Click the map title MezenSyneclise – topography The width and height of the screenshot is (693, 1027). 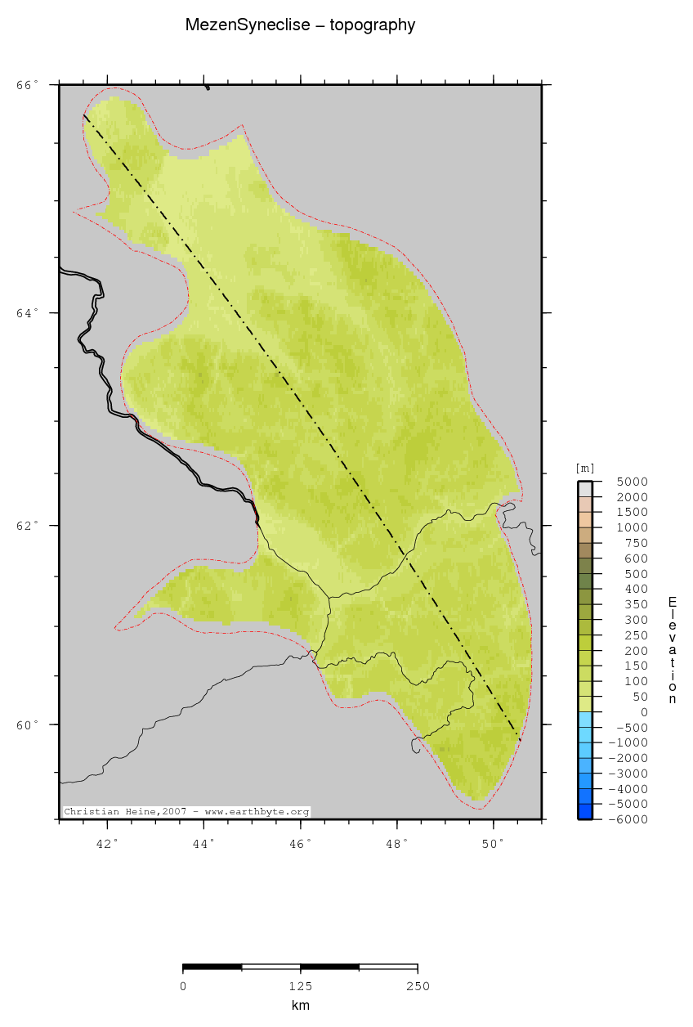pyautogui.click(x=300, y=25)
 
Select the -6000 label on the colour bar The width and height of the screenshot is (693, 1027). pyautogui.click(x=632, y=819)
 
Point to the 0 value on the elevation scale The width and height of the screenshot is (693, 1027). pyautogui.click(x=644, y=712)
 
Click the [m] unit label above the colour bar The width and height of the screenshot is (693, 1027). pyautogui.click(x=585, y=469)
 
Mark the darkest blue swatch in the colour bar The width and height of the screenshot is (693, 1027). pyautogui.click(x=585, y=811)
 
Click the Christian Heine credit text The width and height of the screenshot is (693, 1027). pyautogui.click(x=186, y=812)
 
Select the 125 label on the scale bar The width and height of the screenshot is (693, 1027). pyautogui.click(x=300, y=986)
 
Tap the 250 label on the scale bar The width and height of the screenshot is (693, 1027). pyautogui.click(x=418, y=986)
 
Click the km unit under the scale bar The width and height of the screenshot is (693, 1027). pyautogui.click(x=300, y=1006)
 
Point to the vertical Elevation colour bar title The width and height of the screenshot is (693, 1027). pyautogui.click(x=672, y=650)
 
